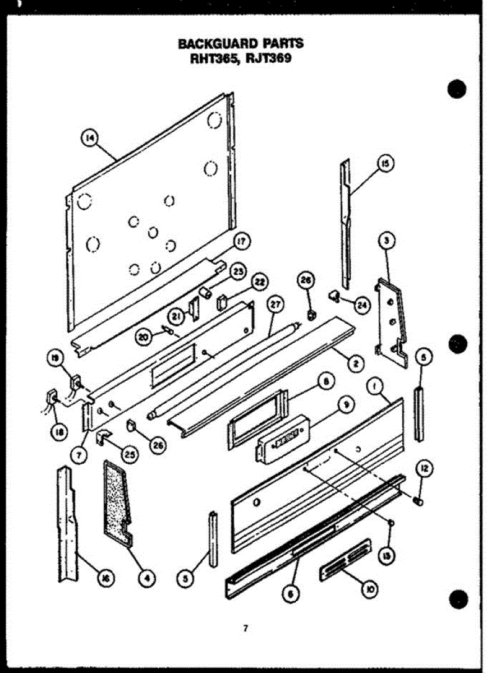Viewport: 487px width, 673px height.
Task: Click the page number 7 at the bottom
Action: (x=245, y=628)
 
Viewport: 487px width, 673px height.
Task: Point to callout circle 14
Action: (x=90, y=138)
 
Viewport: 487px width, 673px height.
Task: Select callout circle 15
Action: (x=385, y=163)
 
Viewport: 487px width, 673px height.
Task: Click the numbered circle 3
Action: (x=387, y=241)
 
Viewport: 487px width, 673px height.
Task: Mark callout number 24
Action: (x=362, y=305)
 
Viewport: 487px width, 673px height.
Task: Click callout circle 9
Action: (x=346, y=403)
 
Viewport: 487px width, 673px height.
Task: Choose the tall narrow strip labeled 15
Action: (x=345, y=224)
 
